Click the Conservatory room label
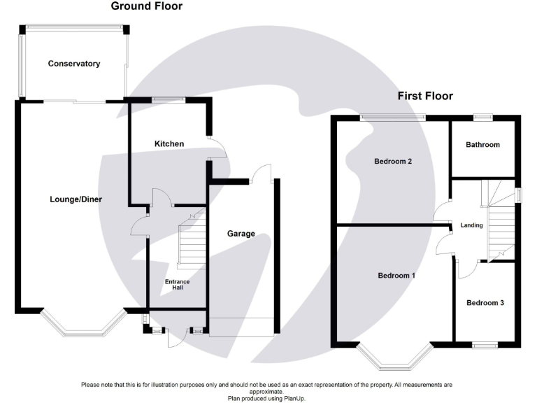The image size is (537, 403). pos(74,64)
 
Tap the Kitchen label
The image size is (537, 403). pos(169,144)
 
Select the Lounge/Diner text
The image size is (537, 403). pos(76,199)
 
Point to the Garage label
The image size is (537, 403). pos(241,234)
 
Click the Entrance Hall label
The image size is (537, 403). pos(178,285)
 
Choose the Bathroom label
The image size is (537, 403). pos(483,145)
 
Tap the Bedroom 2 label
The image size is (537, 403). pos(393,162)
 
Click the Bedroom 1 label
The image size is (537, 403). pos(396,276)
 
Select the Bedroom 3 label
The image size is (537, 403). pos(485,303)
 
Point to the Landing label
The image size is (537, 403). pos(471,225)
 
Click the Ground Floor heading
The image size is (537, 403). pos(147,6)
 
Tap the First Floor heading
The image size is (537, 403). pos(425,96)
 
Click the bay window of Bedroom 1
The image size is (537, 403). pos(394,357)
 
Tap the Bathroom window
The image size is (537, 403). pos(483,118)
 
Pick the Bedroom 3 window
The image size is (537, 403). pos(485,345)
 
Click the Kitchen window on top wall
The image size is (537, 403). pos(169,100)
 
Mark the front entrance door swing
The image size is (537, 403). pos(177,338)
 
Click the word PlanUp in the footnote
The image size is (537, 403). pos(294,399)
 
